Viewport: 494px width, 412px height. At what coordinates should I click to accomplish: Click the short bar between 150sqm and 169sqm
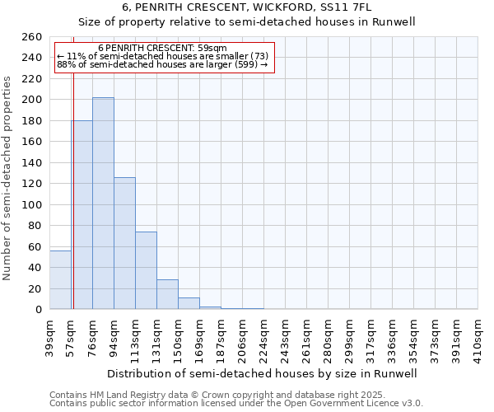[x=189, y=303]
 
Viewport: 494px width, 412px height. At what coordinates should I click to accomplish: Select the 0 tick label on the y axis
[x=38, y=310]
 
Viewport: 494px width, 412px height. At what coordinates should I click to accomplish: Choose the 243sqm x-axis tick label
[x=286, y=339]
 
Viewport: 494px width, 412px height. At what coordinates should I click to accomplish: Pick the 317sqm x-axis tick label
[x=371, y=339]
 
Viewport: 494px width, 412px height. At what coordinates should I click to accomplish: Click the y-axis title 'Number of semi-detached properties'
[x=8, y=177]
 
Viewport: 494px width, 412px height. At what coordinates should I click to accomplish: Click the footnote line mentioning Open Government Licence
[x=236, y=403]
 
